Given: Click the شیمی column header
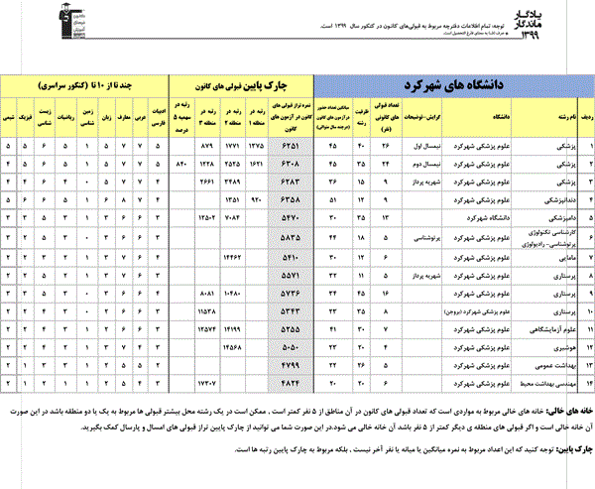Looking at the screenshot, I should coord(9,120).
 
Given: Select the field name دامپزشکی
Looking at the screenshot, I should coord(560,214).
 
